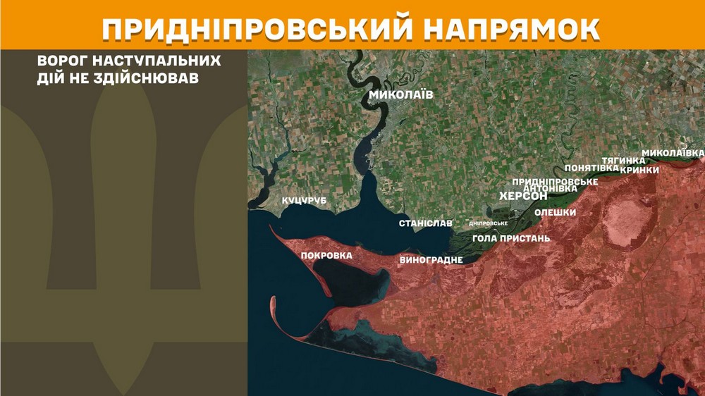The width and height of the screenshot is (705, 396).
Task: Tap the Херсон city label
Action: pos(523,197)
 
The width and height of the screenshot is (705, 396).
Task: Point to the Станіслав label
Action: pos(426,223)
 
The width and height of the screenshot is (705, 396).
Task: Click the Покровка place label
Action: pos(326,255)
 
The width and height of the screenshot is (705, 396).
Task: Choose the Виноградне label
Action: pos(431,260)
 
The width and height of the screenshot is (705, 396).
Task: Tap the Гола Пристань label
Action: pos(511,238)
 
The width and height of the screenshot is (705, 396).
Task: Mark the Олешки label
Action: pos(556,212)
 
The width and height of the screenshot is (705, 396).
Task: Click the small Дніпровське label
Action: pos(489,223)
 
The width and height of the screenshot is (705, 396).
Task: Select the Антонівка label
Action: pos(551,188)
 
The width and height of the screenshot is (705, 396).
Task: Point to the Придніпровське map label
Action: pos(555,181)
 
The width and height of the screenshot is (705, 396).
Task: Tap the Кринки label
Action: pos(640,170)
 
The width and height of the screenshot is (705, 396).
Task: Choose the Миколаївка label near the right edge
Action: pos(673,153)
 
